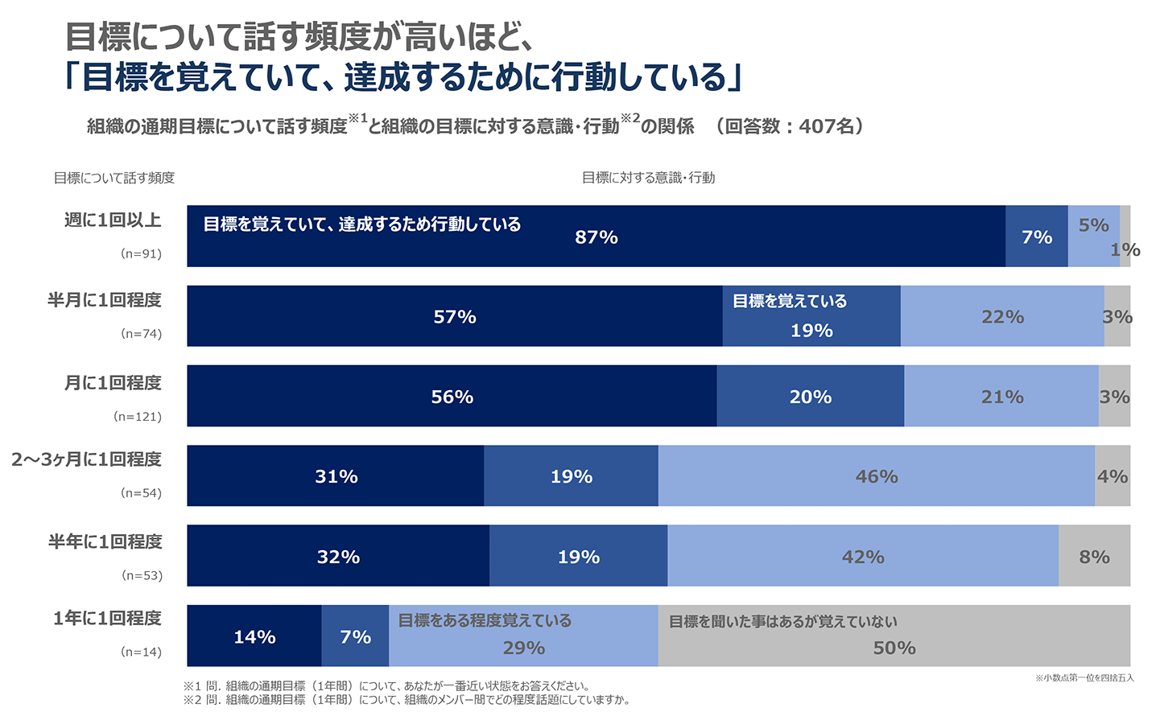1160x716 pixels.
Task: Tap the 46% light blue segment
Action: [876, 476]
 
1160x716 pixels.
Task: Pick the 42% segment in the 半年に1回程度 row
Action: [862, 557]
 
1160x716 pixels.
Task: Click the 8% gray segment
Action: [1094, 557]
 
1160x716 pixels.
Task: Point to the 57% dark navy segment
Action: [454, 317]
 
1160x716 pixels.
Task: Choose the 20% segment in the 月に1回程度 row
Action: [810, 397]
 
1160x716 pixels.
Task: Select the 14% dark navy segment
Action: [254, 637]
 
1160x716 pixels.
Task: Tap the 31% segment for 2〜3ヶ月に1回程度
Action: [336, 476]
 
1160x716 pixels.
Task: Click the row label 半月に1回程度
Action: [105, 300]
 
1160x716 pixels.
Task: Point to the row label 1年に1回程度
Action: [107, 618]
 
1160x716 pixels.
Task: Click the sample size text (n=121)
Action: [138, 417]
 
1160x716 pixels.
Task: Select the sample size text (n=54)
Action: [141, 493]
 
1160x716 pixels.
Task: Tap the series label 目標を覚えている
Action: [789, 301]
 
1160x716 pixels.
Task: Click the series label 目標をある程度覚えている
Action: [485, 620]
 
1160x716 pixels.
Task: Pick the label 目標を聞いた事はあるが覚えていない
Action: [782, 621]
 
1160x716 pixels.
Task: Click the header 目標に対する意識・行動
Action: [648, 178]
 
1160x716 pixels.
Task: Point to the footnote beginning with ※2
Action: [407, 700]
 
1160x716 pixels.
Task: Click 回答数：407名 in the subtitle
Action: [792, 126]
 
